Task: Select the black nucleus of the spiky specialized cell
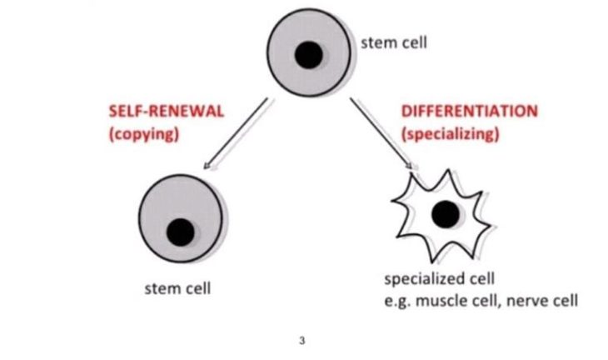pyautogui.click(x=446, y=215)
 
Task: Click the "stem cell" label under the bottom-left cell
pyautogui.click(x=177, y=289)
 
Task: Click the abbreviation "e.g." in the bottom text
pyautogui.click(x=395, y=299)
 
